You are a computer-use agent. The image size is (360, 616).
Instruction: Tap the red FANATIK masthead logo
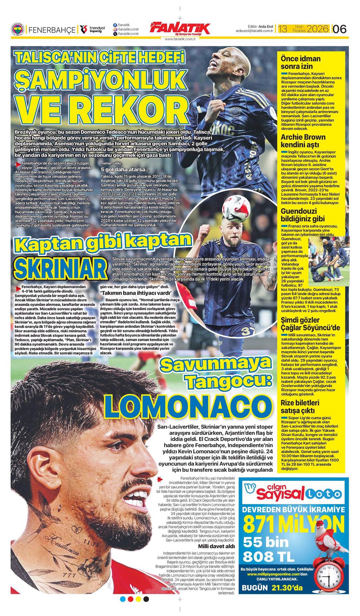pos(180,29)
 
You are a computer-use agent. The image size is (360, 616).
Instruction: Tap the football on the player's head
pos(236,209)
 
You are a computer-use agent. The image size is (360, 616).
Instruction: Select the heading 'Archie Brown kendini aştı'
pos(303,141)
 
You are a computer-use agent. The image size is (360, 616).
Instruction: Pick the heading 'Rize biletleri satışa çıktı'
pos(300,406)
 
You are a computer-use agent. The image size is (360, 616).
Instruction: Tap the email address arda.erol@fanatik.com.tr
pos(254,31)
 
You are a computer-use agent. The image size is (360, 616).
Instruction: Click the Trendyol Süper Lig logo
pos(92,30)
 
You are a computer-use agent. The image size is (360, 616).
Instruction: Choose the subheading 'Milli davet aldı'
pos(216,546)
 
